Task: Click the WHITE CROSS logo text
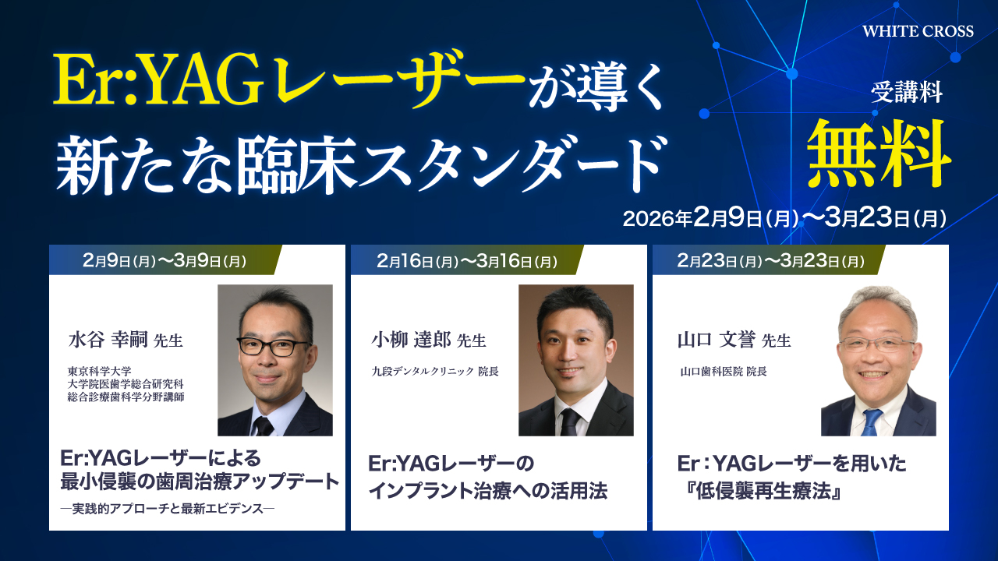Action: pos(918,31)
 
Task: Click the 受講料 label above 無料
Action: pos(907,96)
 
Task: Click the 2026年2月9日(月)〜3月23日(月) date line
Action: pos(784,218)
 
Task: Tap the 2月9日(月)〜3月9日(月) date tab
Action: pos(164,261)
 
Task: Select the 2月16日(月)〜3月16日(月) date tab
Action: pos(466,261)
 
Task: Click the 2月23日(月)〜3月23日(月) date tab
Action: pos(768,261)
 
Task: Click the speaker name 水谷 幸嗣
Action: pos(107,340)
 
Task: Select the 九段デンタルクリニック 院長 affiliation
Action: pos(435,372)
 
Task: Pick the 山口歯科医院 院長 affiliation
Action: pos(723,372)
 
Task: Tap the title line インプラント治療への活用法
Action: pos(487,492)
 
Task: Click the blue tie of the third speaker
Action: pos(871,422)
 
